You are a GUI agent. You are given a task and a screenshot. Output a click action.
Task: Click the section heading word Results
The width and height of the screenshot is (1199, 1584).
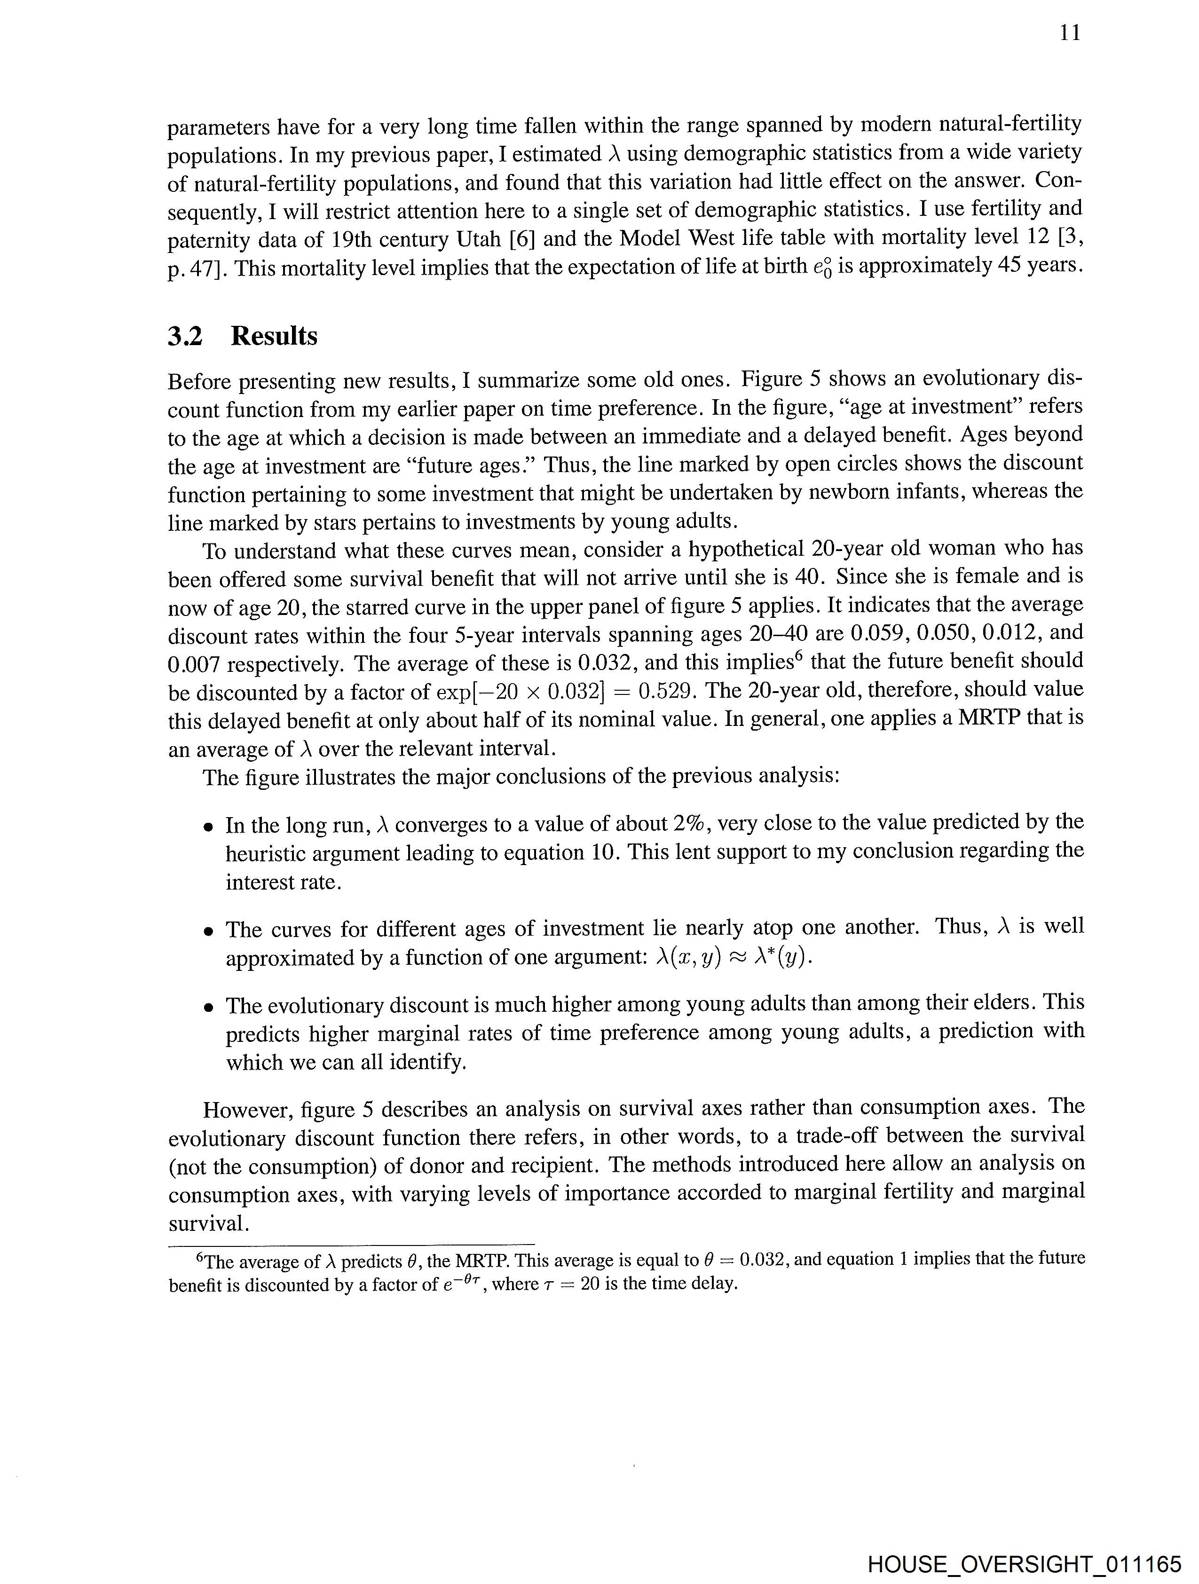(274, 336)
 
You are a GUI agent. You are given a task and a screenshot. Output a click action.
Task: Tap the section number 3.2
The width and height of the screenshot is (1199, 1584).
(186, 336)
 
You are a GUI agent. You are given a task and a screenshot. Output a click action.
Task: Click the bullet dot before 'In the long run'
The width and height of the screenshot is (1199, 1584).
(208, 827)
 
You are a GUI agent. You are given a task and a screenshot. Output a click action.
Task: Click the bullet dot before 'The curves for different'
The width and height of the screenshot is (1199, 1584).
(208, 931)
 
